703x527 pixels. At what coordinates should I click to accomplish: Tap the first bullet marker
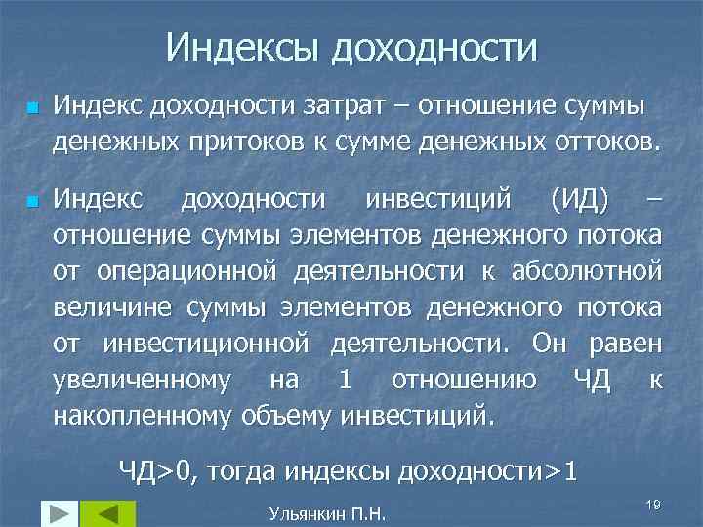pyautogui.click(x=31, y=105)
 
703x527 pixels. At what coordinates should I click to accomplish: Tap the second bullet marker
pyautogui.click(x=31, y=202)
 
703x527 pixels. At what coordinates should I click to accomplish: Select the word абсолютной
pyautogui.click(x=588, y=271)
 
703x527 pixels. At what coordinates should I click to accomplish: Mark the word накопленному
pyautogui.click(x=143, y=418)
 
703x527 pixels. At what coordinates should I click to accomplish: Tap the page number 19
pyautogui.click(x=654, y=503)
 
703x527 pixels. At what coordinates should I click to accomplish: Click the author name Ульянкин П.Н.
pyautogui.click(x=327, y=511)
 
